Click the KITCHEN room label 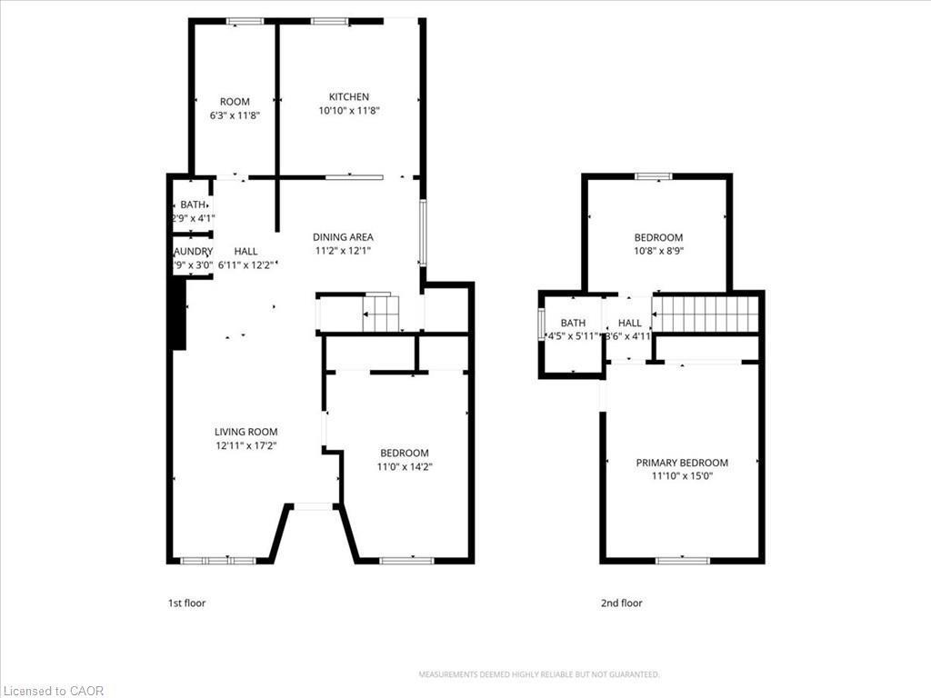[x=349, y=96]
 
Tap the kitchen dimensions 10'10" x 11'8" [x=349, y=111]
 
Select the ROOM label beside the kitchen [x=235, y=102]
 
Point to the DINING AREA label [x=343, y=237]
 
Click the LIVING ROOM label [x=245, y=432]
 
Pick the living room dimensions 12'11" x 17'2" [x=245, y=446]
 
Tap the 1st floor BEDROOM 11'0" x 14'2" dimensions [x=404, y=467]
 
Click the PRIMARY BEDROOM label [x=682, y=463]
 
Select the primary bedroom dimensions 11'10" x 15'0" [x=682, y=475]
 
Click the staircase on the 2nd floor [x=706, y=314]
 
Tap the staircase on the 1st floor [x=381, y=314]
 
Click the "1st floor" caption [x=187, y=603]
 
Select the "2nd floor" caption [x=621, y=603]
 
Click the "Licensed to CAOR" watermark [x=54, y=691]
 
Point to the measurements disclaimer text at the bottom [x=538, y=674]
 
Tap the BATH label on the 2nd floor [x=573, y=323]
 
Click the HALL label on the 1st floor [x=245, y=251]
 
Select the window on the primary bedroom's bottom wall [x=682, y=560]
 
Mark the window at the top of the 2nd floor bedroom [x=653, y=175]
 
